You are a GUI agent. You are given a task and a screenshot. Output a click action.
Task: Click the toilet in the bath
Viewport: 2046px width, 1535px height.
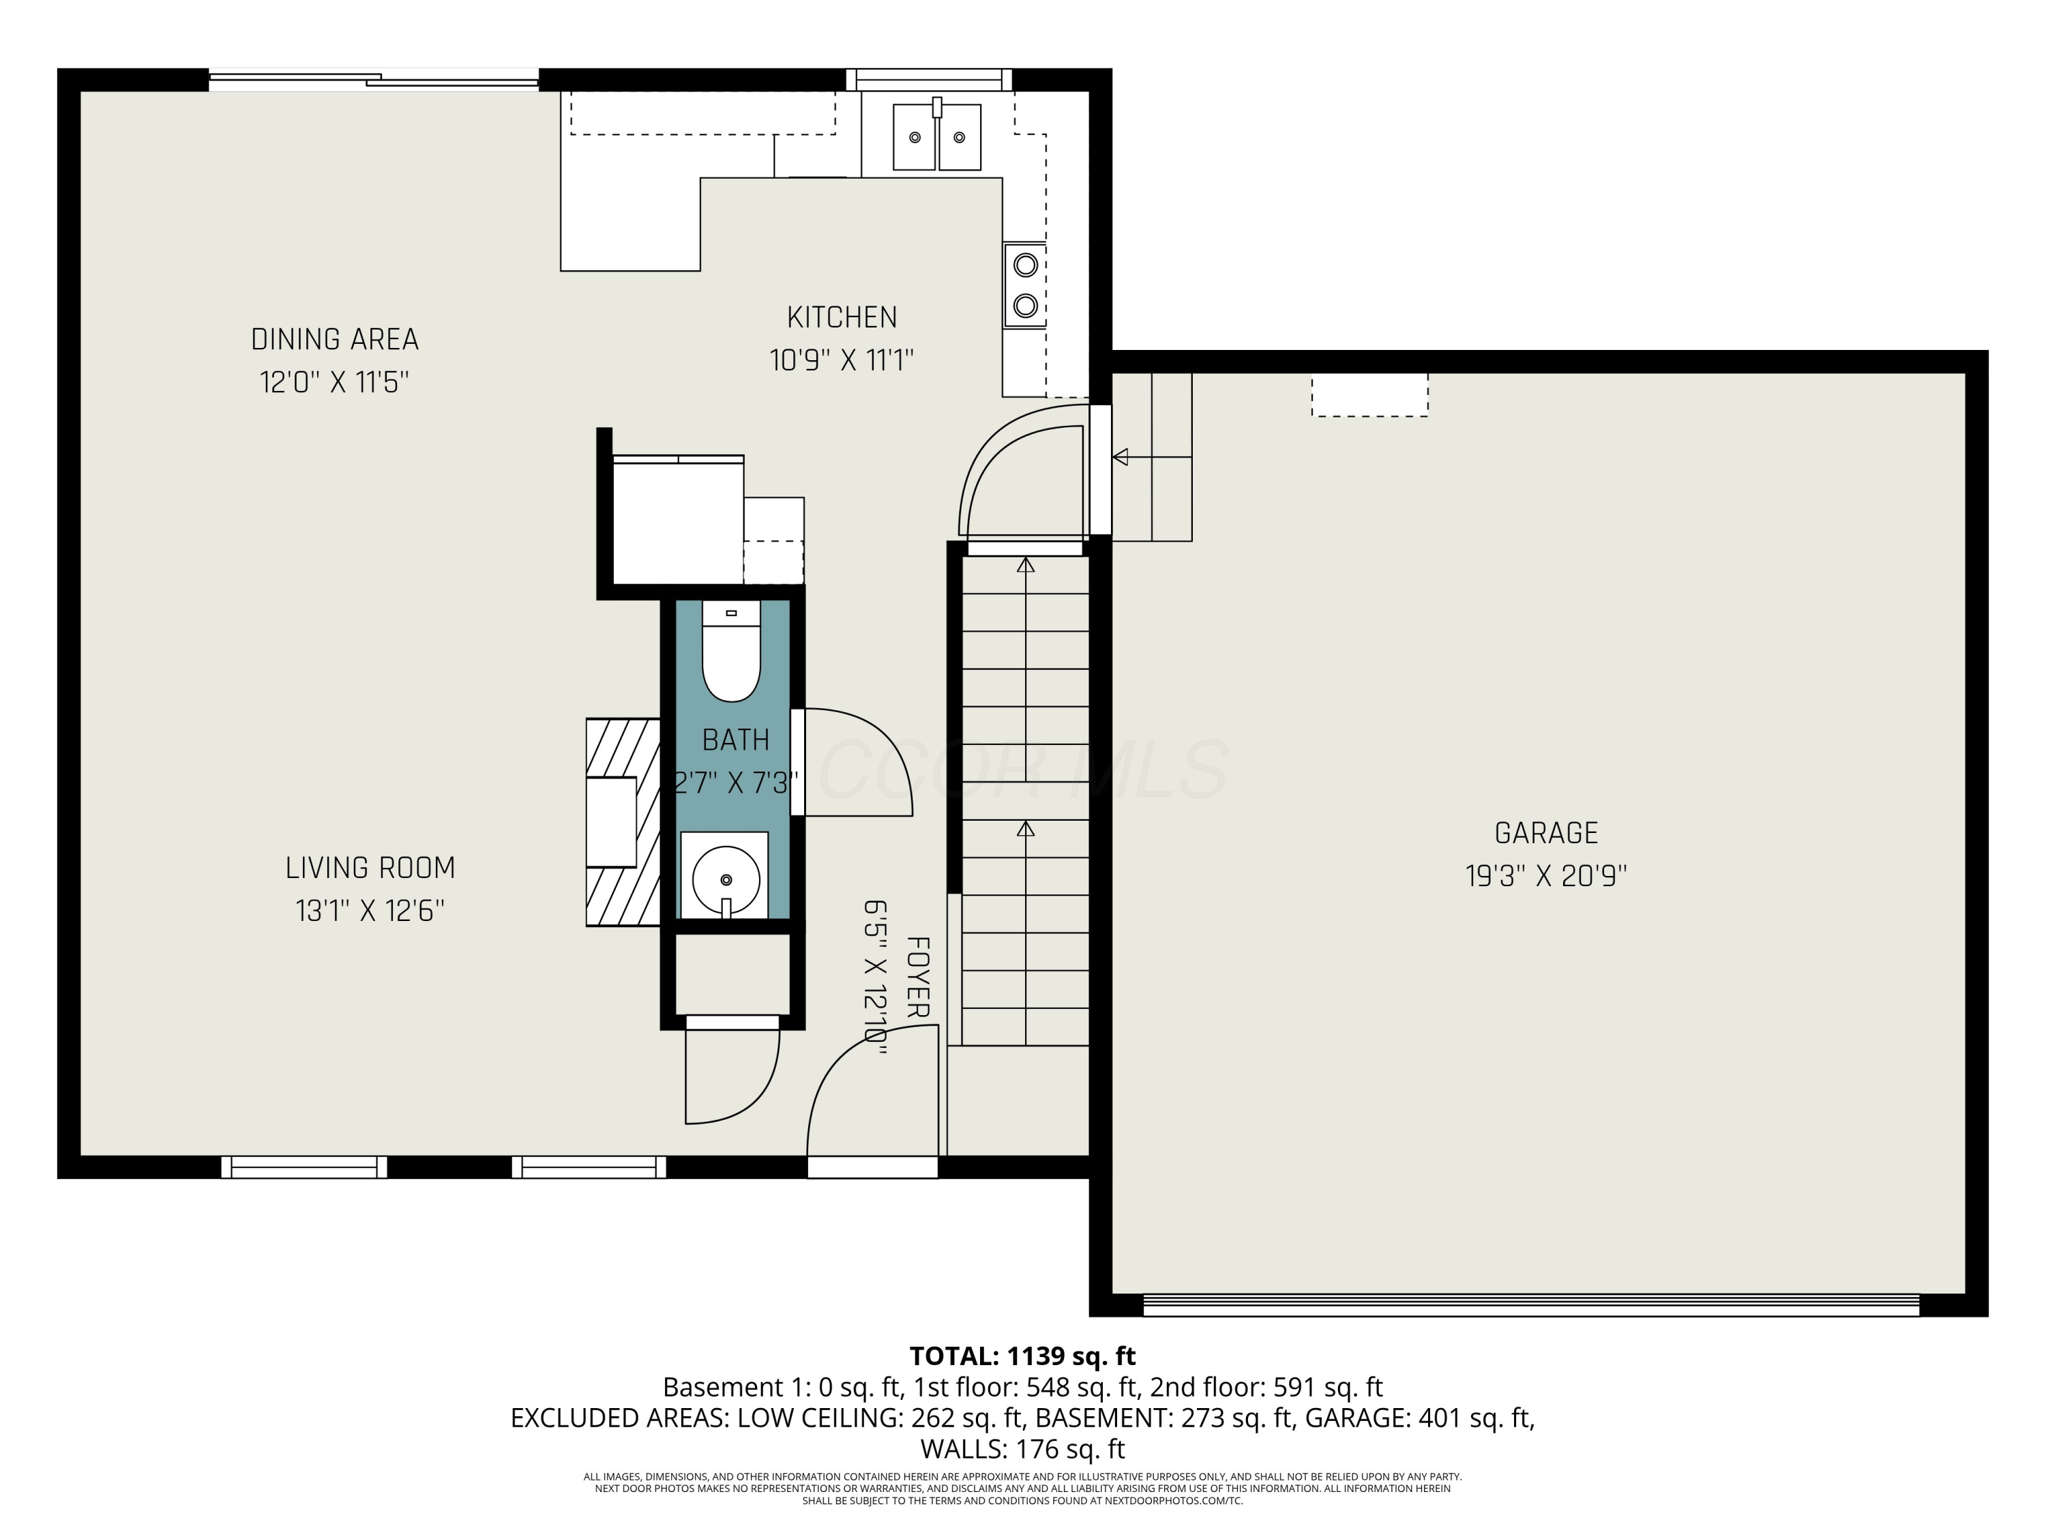730,652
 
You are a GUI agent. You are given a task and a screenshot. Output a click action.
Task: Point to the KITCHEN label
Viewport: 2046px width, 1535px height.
842,317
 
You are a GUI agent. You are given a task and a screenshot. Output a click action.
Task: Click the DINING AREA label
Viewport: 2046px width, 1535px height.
335,340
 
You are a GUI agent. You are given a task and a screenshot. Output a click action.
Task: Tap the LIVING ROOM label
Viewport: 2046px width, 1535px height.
370,868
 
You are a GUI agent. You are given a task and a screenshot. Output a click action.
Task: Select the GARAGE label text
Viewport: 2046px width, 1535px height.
1545,833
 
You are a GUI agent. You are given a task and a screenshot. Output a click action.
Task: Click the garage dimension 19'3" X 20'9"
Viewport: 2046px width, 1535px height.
1545,875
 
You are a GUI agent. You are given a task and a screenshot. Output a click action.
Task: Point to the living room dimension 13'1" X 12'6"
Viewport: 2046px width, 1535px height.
370,911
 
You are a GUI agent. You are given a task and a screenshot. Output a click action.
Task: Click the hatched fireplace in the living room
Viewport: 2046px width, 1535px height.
623,821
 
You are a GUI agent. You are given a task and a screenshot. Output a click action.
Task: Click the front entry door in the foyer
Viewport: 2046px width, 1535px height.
872,1168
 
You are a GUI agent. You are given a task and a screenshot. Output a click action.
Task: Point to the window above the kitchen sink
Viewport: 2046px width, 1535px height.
929,81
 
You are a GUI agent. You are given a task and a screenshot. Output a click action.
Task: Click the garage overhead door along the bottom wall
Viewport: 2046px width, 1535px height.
1531,1304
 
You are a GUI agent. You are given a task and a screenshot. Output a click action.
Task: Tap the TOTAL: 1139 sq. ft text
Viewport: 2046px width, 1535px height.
1022,1356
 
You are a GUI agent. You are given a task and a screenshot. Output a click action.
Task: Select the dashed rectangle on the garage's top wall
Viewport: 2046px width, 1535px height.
1369,395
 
